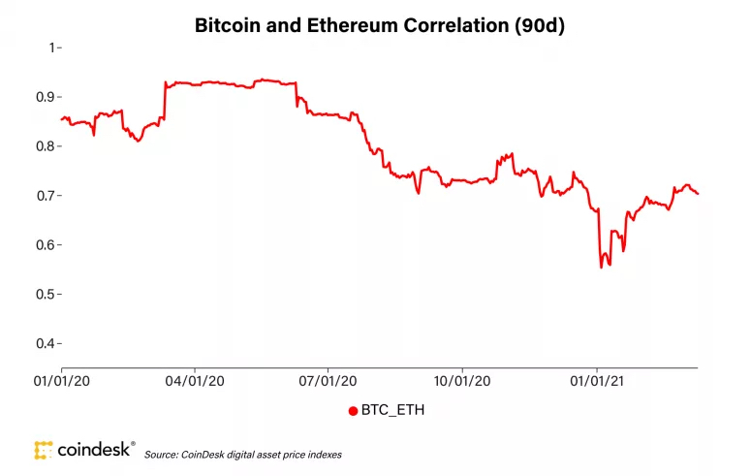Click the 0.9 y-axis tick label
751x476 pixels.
pos(44,97)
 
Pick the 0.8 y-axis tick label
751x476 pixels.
pos(44,146)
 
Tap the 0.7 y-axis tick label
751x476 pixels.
pos(44,196)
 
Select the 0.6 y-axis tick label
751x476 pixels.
pos(44,245)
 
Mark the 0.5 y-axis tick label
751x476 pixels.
pos(44,294)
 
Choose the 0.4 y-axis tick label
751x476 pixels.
pos(44,343)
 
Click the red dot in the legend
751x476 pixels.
pos(353,410)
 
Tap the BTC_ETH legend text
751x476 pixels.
pos(391,410)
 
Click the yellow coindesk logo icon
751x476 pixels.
pos(42,450)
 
